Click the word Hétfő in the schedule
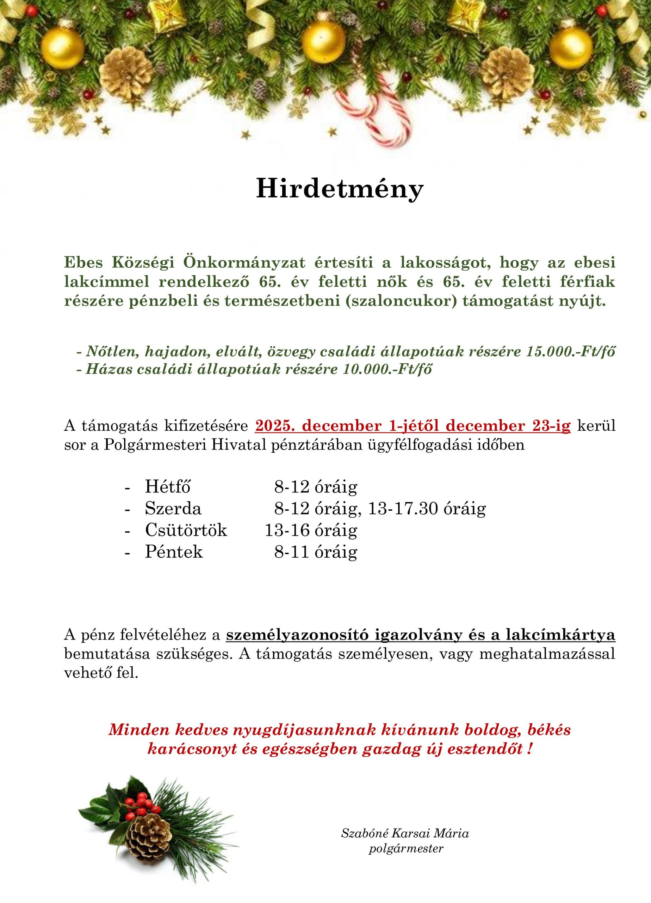[x=168, y=486]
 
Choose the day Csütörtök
[x=186, y=530]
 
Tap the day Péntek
[x=174, y=551]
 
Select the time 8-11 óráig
[x=315, y=551]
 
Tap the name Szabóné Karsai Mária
[x=405, y=841]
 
